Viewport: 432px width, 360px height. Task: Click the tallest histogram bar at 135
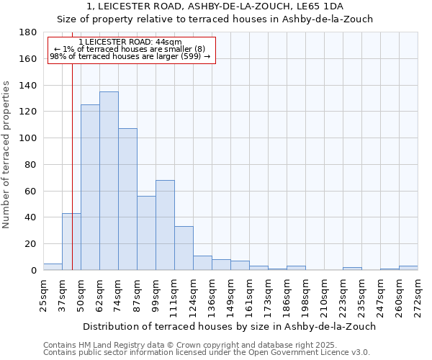click(x=109, y=181)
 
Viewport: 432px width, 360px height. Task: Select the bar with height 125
click(x=90, y=187)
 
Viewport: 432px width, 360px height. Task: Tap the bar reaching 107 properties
click(x=127, y=199)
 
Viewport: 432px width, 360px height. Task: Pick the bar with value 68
click(x=165, y=225)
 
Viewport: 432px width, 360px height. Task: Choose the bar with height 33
click(x=184, y=248)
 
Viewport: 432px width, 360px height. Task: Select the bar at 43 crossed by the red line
click(x=67, y=242)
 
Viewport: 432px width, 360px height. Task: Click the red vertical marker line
click(x=72, y=144)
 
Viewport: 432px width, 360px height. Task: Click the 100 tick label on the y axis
click(x=28, y=138)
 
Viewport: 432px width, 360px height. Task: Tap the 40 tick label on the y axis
click(x=31, y=217)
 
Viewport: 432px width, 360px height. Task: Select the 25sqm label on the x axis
click(x=43, y=293)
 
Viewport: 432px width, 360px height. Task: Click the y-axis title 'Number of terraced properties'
click(x=6, y=155)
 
